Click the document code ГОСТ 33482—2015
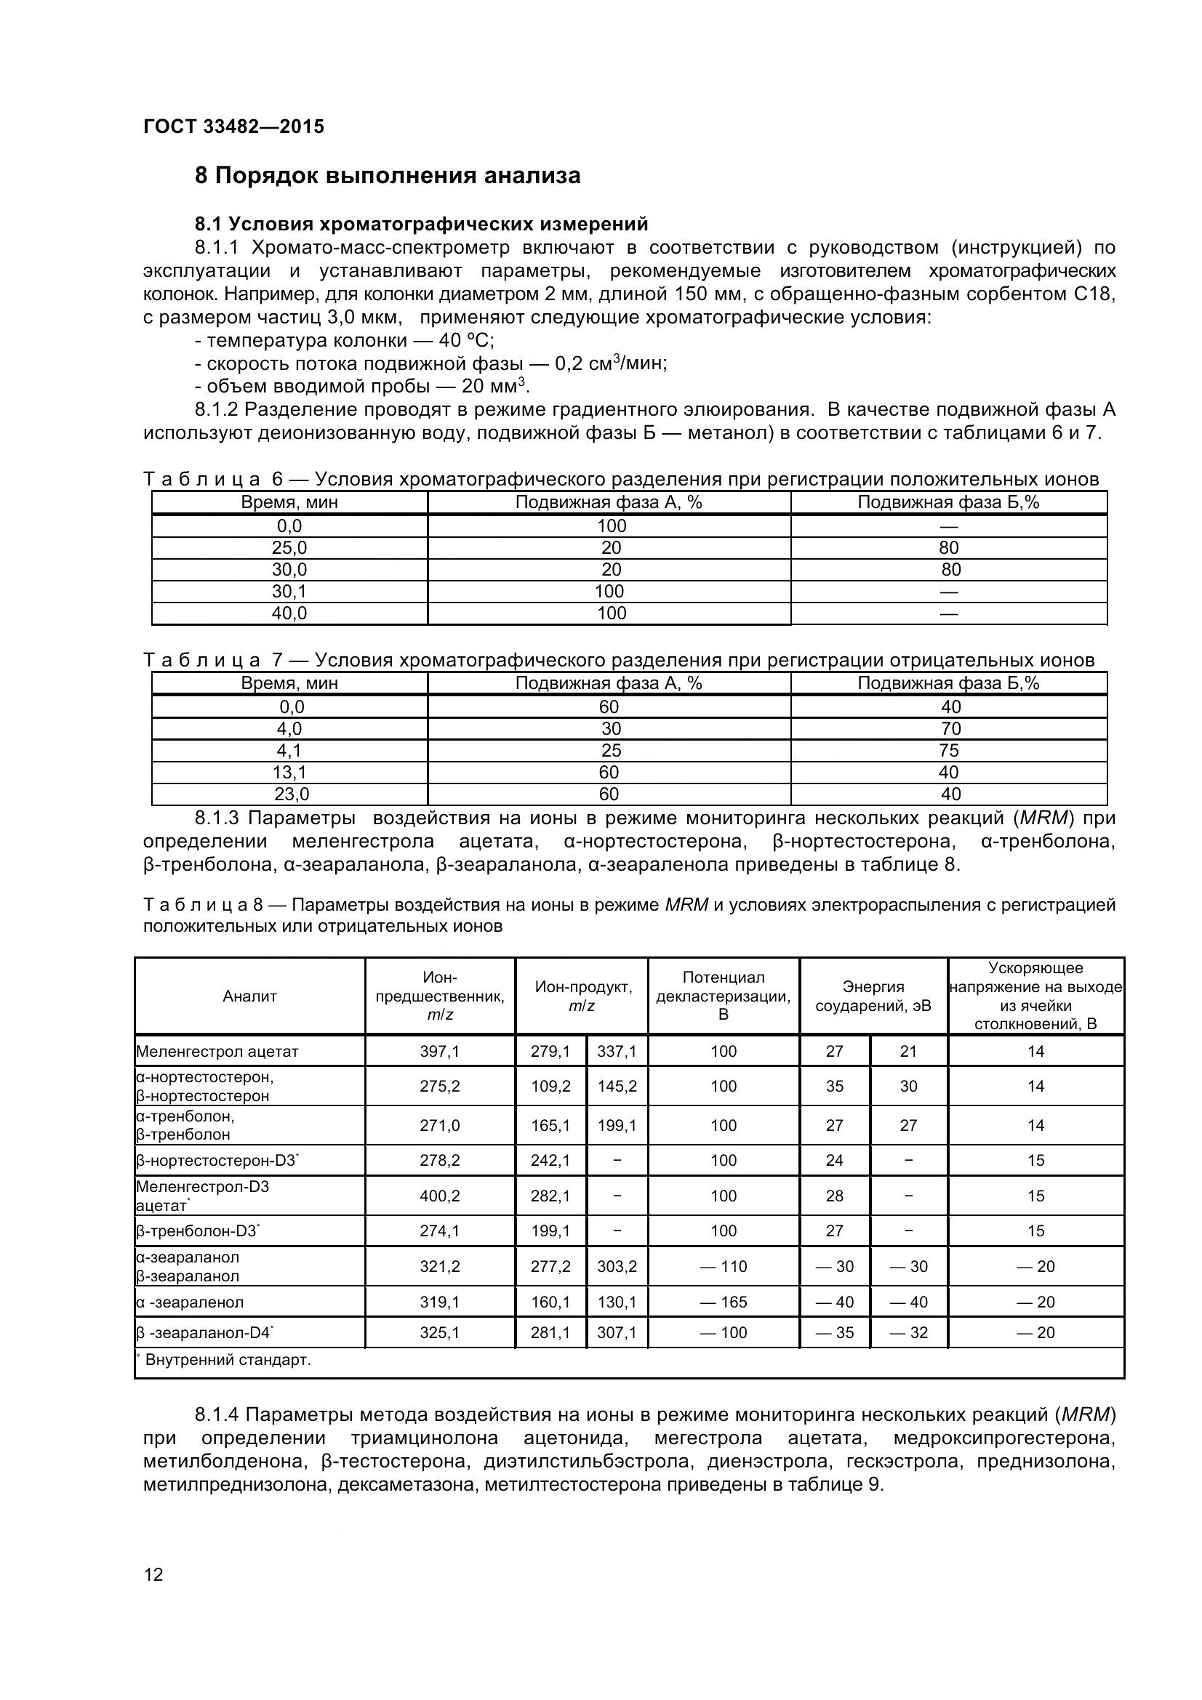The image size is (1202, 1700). pos(233,126)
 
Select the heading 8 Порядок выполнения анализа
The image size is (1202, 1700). pos(388,176)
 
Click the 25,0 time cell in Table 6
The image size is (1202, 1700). pos(289,548)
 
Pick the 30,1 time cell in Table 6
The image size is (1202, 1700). pos(289,592)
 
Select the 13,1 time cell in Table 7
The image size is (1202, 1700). pos(289,773)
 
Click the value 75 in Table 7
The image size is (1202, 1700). pos(948,751)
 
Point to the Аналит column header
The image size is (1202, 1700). pos(249,996)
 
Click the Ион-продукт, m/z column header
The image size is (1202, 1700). pos(582,996)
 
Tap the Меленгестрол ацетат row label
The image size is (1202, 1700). pos(217,1052)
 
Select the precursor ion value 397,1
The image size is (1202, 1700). pos(440,1052)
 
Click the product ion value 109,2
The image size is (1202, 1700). pos(550,1086)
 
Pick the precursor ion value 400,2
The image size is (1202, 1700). pos(440,1196)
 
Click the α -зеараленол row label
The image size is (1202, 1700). pos(190,1302)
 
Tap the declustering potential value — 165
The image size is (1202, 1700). pos(724,1302)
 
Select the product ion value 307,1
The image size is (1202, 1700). pos(617,1333)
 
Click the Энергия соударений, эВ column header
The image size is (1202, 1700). pos(873,996)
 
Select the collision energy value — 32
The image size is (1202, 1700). pos(909,1333)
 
